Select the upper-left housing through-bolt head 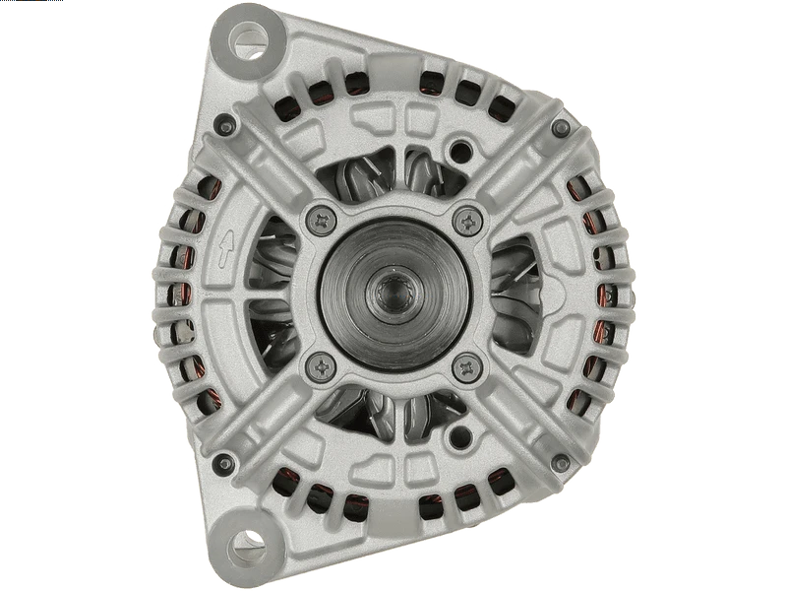[x=226, y=123]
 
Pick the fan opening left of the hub [x=275, y=293]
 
